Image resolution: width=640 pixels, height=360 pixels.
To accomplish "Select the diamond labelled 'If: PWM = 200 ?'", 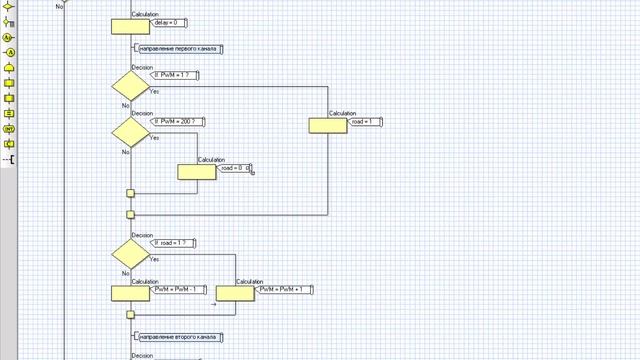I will pyautogui.click(x=130, y=131).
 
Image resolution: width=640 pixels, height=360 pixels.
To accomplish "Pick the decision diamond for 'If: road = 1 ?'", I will pyautogui.click(x=130, y=252).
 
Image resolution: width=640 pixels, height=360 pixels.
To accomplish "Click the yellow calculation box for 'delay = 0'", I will pyautogui.click(x=130, y=25).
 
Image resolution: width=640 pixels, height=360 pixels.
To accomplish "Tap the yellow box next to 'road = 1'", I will pyautogui.click(x=328, y=125).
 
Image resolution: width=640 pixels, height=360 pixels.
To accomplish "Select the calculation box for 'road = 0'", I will pyautogui.click(x=197, y=172).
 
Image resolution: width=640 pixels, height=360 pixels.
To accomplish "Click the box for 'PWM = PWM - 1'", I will pyautogui.click(x=130, y=293).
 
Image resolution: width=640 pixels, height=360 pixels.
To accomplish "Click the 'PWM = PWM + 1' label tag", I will pyautogui.click(x=286, y=290).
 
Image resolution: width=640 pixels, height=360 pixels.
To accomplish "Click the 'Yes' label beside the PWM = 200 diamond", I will pyautogui.click(x=154, y=138).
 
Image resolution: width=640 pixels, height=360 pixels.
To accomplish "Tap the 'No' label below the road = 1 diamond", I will pyautogui.click(x=125, y=273).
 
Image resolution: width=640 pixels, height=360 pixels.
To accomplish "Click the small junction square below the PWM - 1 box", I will pyautogui.click(x=130, y=315).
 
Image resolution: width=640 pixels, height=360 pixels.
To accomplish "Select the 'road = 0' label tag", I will pyautogui.click(x=234, y=169).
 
